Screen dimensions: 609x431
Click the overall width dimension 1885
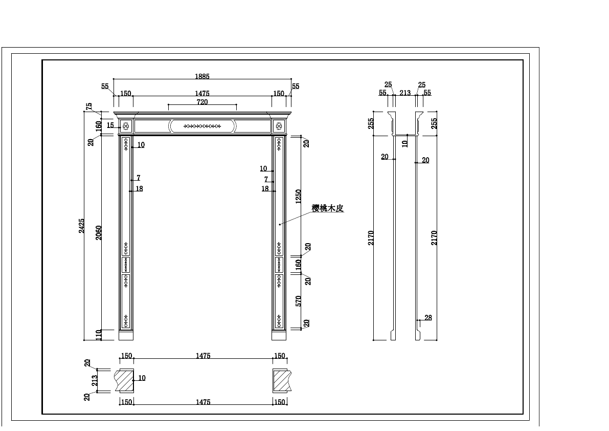tap(202, 76)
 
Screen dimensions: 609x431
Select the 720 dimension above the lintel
tap(202, 102)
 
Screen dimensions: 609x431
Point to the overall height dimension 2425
tap(82, 226)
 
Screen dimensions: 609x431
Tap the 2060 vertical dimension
tap(99, 232)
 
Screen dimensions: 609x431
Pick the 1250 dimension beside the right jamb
tap(299, 196)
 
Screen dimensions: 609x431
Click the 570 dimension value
tap(299, 300)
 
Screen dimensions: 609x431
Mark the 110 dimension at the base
tap(99, 335)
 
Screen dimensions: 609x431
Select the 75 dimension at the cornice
tap(89, 107)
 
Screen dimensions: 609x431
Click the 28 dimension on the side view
tap(428, 318)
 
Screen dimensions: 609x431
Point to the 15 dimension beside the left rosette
tap(110, 125)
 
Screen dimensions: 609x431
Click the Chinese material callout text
tap(327, 208)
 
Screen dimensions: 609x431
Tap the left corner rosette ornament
tap(126, 125)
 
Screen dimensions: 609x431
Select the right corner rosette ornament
tap(279, 125)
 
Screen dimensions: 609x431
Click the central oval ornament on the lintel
tap(202, 125)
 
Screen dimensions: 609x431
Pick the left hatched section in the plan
tap(125, 380)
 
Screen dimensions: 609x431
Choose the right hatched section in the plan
tap(280, 380)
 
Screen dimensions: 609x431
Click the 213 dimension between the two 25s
tap(405, 93)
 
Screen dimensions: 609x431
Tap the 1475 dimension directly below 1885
tap(202, 93)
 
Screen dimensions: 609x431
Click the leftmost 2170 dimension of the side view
tap(371, 238)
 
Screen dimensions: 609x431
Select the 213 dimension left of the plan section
tap(94, 380)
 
